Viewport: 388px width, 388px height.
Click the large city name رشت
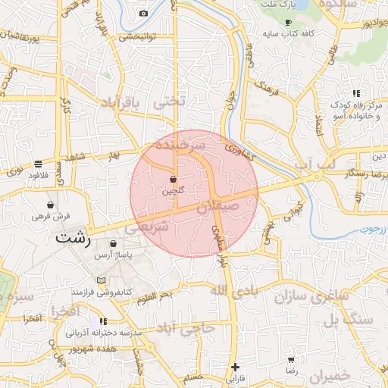pyautogui.click(x=73, y=239)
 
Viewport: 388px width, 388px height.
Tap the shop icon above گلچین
pyautogui.click(x=174, y=180)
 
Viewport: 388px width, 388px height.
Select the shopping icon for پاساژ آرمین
pyautogui.click(x=114, y=245)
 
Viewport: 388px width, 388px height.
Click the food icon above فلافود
pyautogui.click(x=37, y=164)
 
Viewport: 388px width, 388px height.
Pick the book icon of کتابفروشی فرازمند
pyautogui.click(x=102, y=280)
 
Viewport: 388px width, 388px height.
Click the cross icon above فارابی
pyautogui.click(x=235, y=368)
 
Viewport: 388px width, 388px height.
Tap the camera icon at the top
pyautogui.click(x=144, y=13)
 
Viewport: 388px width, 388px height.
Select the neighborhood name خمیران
pyautogui.click(x=332, y=377)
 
